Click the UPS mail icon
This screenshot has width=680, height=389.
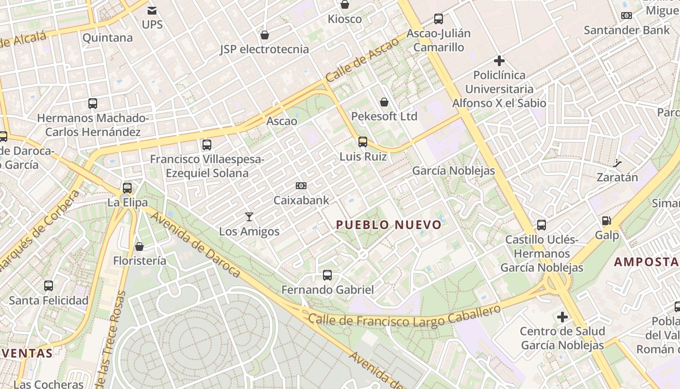pyautogui.click(x=152, y=10)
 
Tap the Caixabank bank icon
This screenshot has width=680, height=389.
pyautogui.click(x=301, y=186)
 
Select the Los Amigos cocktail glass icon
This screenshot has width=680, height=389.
pyautogui.click(x=249, y=217)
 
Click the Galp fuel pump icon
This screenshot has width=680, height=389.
pyautogui.click(x=607, y=221)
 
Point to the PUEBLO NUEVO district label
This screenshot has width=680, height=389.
pyautogui.click(x=389, y=225)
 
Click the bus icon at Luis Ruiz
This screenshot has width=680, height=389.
pyautogui.click(x=363, y=142)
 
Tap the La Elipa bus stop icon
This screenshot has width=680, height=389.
pyautogui.click(x=127, y=188)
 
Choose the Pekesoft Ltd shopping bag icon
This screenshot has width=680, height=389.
pyautogui.click(x=384, y=102)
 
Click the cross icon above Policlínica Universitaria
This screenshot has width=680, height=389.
pyautogui.click(x=499, y=61)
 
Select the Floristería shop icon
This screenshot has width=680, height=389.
pyautogui.click(x=139, y=247)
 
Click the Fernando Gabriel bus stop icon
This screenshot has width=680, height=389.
pyautogui.click(x=327, y=275)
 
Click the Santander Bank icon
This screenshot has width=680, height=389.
pyautogui.click(x=626, y=16)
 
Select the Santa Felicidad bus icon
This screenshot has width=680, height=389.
pyautogui.click(x=49, y=286)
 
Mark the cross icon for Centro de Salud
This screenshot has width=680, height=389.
pyautogui.click(x=562, y=318)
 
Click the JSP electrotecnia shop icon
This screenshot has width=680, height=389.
pyautogui.click(x=265, y=35)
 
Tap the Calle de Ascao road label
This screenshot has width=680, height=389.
pyautogui.click(x=362, y=60)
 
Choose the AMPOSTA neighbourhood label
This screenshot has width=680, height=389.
pyautogui.click(x=646, y=262)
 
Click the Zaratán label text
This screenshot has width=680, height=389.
pyautogui.click(x=617, y=177)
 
